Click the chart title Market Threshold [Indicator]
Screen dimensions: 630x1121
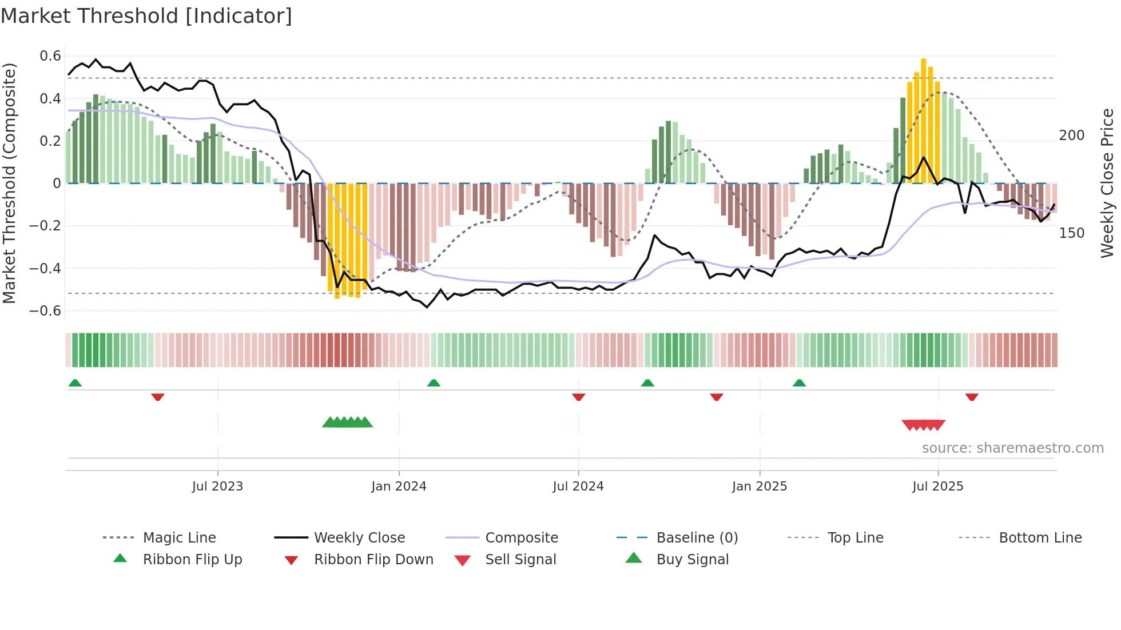pos(146,16)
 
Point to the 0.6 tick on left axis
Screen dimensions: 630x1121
pos(50,56)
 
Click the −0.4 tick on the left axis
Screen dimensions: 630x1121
pos(46,268)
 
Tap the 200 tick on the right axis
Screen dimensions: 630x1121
pos(1071,135)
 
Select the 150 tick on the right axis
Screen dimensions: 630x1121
pos(1071,233)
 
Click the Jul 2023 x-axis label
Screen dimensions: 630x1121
pos(217,487)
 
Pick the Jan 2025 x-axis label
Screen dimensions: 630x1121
pos(759,487)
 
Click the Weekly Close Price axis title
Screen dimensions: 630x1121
pos(1107,183)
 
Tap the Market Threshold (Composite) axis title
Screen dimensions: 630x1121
pos(9,183)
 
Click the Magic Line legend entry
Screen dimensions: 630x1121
pos(179,538)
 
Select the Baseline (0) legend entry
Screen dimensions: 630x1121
pos(697,538)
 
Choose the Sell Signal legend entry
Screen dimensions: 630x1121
pos(520,560)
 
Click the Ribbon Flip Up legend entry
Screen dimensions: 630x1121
pos(192,560)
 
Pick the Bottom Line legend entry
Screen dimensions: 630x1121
pos(1040,538)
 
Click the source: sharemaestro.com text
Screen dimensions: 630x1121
pos(1012,448)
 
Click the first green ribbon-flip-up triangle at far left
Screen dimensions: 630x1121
pos(75,383)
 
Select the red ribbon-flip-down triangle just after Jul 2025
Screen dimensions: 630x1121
pos(971,397)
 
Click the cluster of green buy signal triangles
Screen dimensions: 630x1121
pos(347,422)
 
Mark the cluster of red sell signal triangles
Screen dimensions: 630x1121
pos(923,425)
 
